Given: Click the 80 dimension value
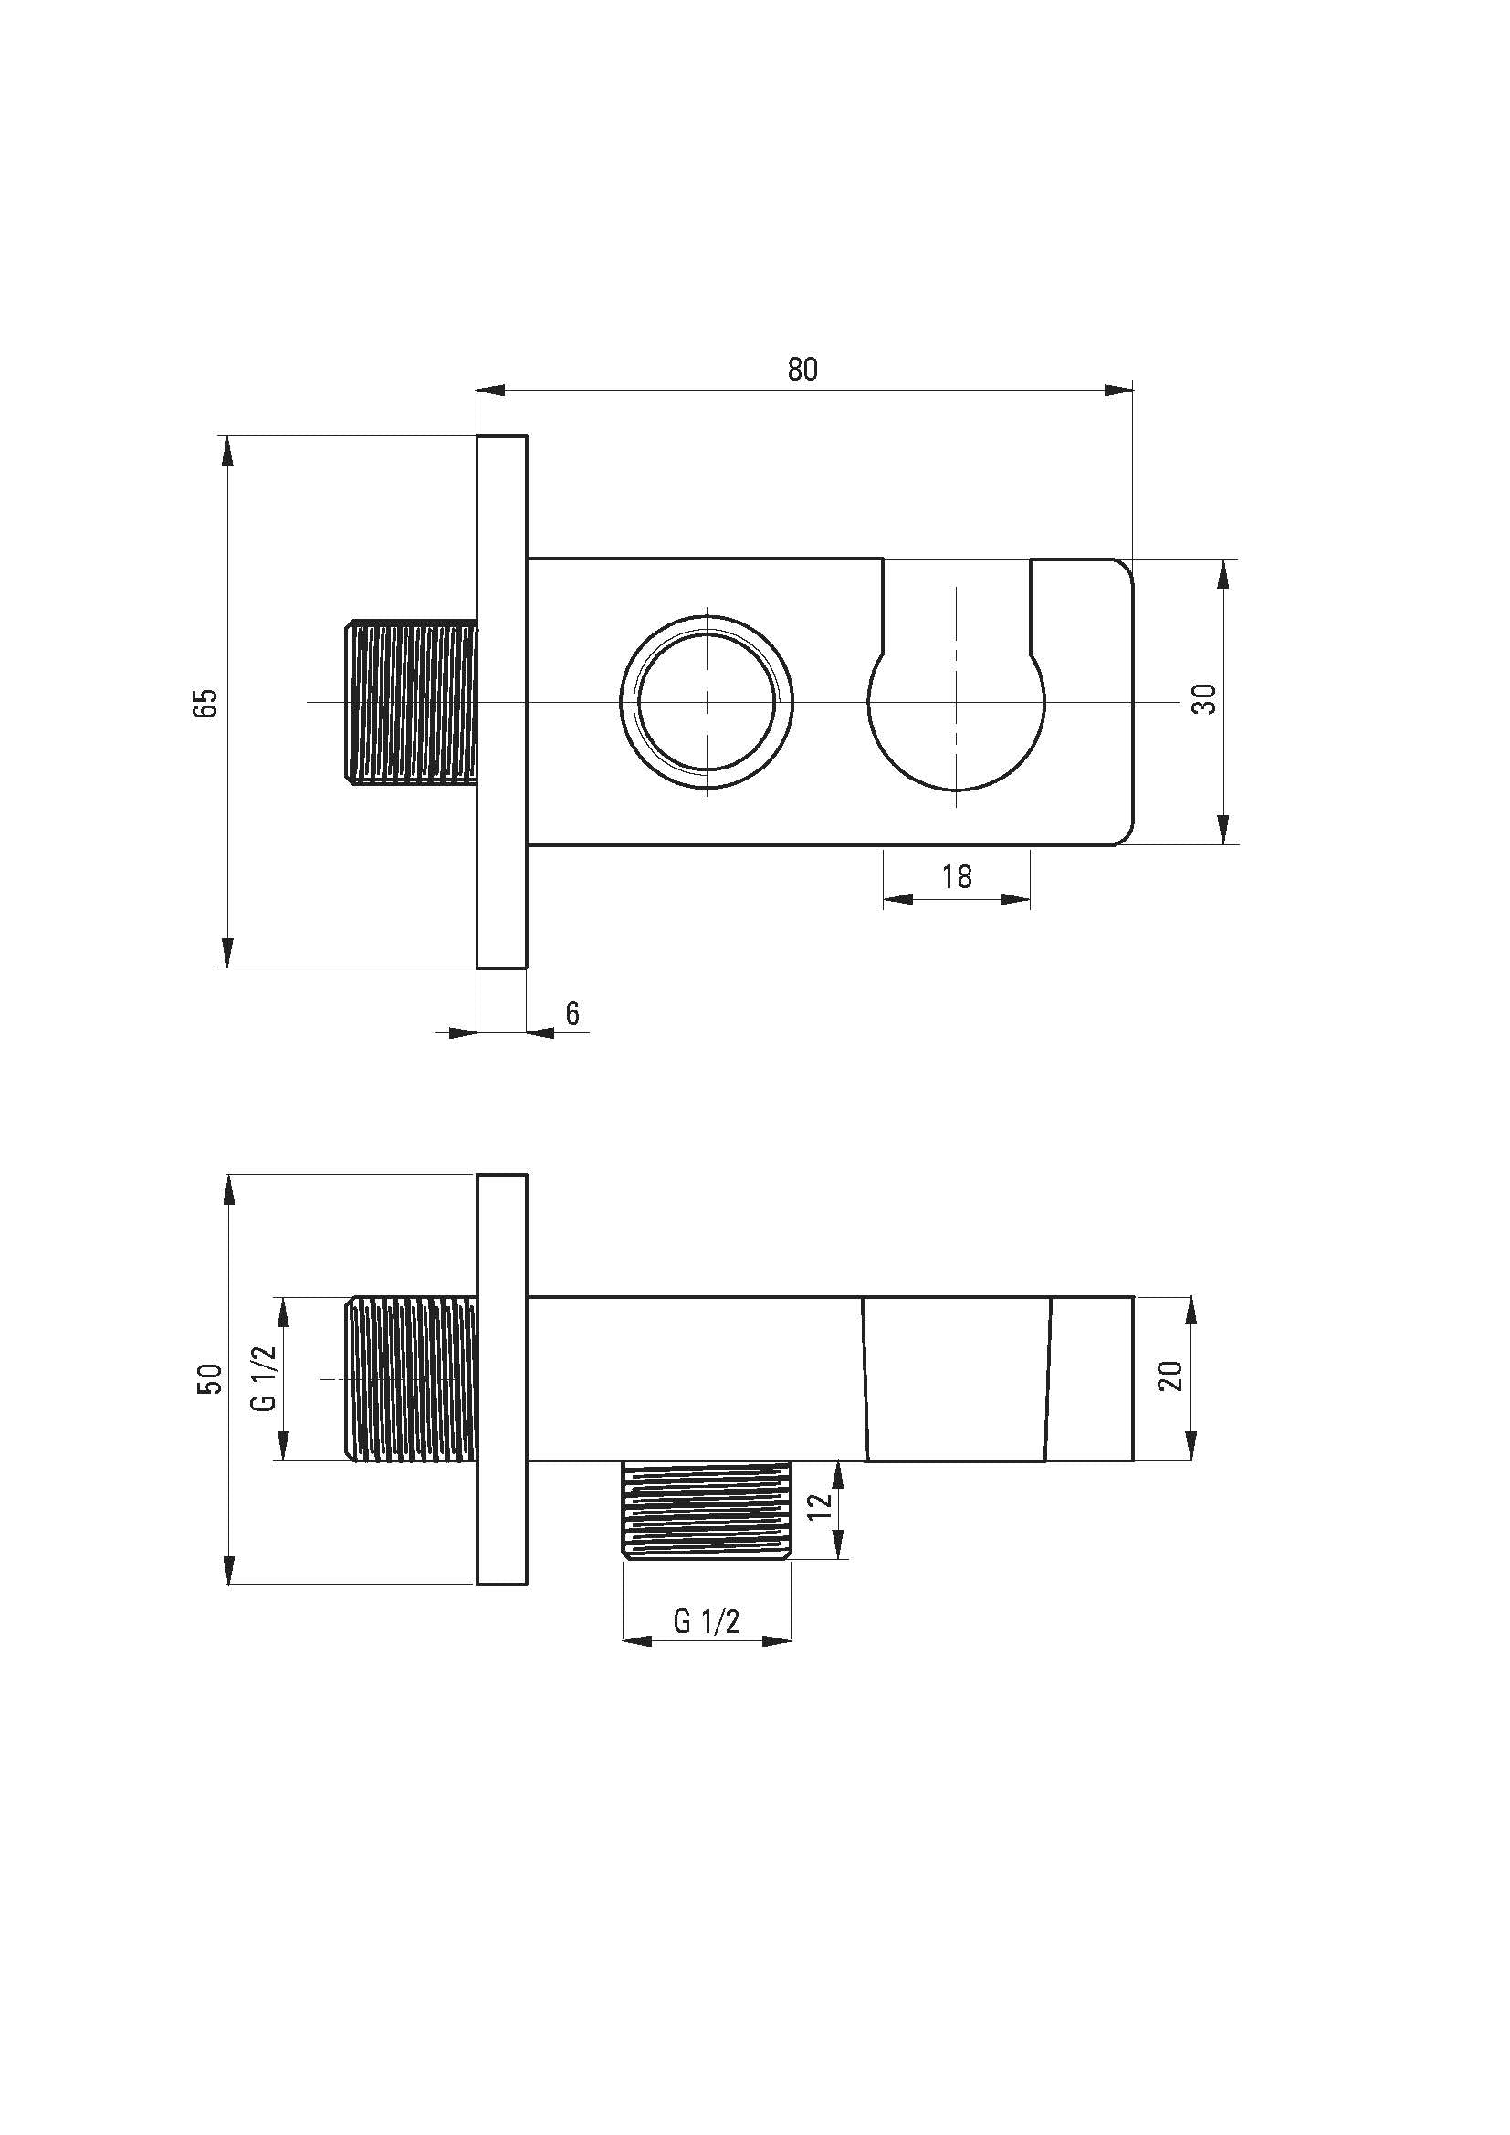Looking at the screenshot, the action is coord(802,369).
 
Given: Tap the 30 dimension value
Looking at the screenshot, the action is coord(1204,698).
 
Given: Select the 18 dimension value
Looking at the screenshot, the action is coord(957,876).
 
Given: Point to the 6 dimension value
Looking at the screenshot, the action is coord(572,1012).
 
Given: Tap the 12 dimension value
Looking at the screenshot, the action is coord(819,1506).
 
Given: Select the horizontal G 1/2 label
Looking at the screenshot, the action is coord(707,1622).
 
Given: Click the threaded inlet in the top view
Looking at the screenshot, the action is coord(411,702).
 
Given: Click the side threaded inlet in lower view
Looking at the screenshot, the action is coord(411,1379).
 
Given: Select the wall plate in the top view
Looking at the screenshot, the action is coord(502,702).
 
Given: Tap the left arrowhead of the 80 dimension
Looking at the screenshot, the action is coord(489,391).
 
